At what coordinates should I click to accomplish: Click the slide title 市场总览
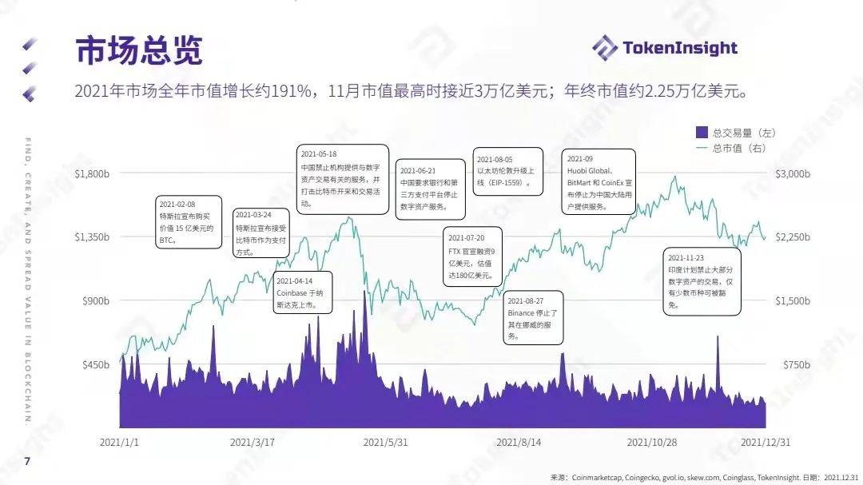click(139, 50)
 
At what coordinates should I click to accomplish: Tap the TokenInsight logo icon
click(605, 48)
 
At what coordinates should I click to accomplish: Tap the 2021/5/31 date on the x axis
click(386, 441)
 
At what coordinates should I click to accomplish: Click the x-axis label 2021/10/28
click(652, 441)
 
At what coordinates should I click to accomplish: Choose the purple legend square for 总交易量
click(702, 132)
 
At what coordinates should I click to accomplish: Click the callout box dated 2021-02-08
click(188, 222)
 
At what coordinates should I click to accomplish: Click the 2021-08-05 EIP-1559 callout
click(507, 171)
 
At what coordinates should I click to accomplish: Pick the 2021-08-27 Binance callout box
click(535, 320)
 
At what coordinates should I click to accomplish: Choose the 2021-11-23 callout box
click(702, 280)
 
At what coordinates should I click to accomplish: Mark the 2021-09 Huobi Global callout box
click(599, 181)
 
